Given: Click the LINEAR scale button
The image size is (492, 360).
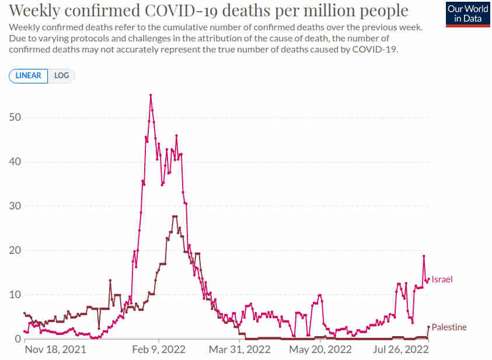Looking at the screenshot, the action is pos(28,76).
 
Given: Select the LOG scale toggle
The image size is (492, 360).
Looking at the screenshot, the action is pos(61,76).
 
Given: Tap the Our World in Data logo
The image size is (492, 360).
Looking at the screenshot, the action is pos(468,15).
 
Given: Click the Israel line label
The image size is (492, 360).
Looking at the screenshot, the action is pos(442,279).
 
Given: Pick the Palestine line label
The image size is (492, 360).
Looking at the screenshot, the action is pos(449,327).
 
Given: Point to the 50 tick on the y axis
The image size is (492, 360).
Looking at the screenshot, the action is pos(15,117).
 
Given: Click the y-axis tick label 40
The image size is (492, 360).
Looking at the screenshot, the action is pos(15,162).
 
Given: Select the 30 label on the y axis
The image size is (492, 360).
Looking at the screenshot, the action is pos(15,206).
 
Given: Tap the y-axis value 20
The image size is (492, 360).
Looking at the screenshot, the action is pos(15,250).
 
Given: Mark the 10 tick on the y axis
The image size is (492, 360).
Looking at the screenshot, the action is pos(15,295).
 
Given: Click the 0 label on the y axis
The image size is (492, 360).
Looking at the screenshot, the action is pos(18,339).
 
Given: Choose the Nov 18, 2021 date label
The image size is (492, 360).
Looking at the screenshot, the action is pos(55,349).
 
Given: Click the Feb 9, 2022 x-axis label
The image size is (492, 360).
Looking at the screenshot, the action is pos(159,349).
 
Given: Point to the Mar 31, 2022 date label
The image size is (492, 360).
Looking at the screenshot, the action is pos(239,349).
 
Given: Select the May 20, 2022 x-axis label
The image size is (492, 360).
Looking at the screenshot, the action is pos(320,349).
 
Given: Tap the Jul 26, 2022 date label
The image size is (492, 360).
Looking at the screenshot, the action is pos(401,349).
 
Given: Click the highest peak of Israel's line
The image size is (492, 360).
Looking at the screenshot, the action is pos(151,95).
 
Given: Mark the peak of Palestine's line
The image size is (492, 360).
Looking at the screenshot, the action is pos(175,216).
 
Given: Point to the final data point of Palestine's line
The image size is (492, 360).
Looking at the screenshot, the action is pos(428,327).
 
